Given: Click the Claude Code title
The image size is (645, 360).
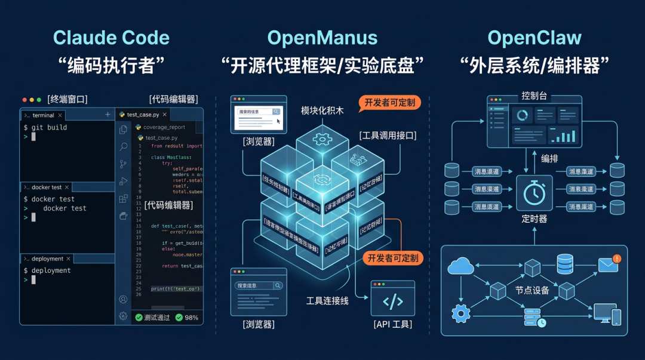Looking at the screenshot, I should click(111, 38).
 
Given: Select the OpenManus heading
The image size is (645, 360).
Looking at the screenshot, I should click(322, 38).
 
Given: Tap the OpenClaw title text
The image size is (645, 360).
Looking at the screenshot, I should click(534, 38).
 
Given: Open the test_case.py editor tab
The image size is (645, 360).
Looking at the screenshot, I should click(143, 115).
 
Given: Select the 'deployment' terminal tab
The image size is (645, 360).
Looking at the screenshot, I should click(47, 259).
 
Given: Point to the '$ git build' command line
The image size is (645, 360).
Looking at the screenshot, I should click(45, 128).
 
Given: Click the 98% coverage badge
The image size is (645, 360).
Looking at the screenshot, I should click(187, 318).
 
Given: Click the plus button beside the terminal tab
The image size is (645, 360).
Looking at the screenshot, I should click(107, 115).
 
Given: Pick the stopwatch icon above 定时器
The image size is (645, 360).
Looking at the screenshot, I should click(534, 193).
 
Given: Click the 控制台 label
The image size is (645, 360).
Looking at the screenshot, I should click(534, 96).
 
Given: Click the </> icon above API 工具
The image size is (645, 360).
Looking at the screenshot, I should click(392, 301).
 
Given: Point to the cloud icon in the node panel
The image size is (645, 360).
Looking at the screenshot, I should click(460, 266).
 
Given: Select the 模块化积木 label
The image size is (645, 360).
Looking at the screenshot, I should click(322, 111).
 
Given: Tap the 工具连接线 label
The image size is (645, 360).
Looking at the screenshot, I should click(327, 301).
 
